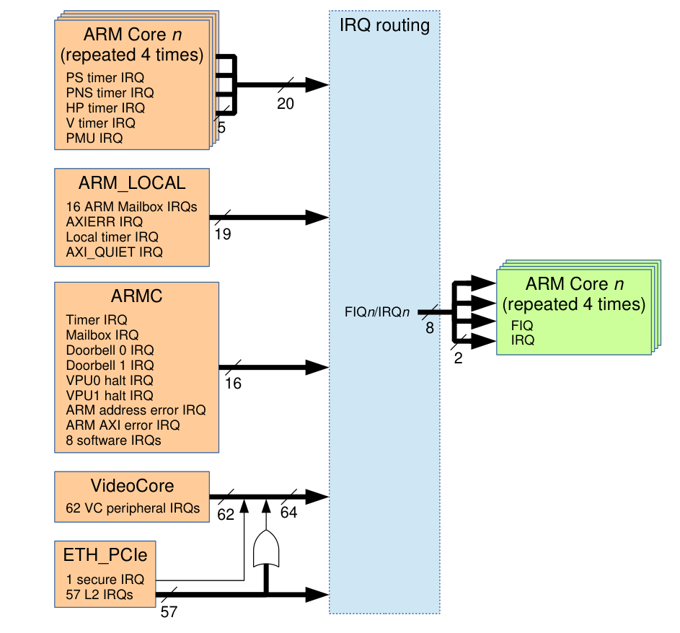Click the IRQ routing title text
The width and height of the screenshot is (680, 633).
click(x=384, y=26)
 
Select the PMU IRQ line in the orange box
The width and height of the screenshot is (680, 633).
click(x=94, y=138)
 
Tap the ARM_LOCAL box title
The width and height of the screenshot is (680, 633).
click(x=132, y=183)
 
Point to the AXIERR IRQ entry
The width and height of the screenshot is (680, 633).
click(x=104, y=221)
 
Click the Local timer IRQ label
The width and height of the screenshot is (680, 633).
click(x=112, y=236)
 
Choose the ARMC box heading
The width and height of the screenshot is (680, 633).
click(x=136, y=297)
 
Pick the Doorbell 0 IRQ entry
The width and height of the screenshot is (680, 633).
click(x=110, y=350)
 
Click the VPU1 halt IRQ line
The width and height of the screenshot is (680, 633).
click(x=109, y=395)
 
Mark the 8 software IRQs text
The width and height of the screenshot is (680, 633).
click(x=113, y=440)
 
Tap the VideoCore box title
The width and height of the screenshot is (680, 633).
click(x=132, y=486)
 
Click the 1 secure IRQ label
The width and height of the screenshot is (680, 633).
click(x=105, y=579)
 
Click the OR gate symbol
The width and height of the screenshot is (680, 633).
click(x=267, y=550)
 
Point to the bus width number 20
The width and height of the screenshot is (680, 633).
click(x=286, y=104)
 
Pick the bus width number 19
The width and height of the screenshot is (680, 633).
click(x=223, y=234)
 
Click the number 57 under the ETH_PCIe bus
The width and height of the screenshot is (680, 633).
click(x=168, y=612)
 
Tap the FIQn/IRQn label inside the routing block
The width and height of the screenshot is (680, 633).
click(x=378, y=312)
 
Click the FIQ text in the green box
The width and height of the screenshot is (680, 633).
click(x=521, y=326)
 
